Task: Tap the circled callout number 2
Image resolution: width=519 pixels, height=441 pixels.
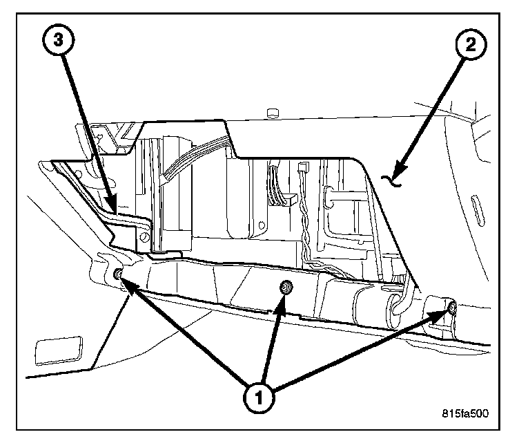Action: point(471,47)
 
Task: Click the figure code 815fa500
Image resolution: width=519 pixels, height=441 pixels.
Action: point(465,415)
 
